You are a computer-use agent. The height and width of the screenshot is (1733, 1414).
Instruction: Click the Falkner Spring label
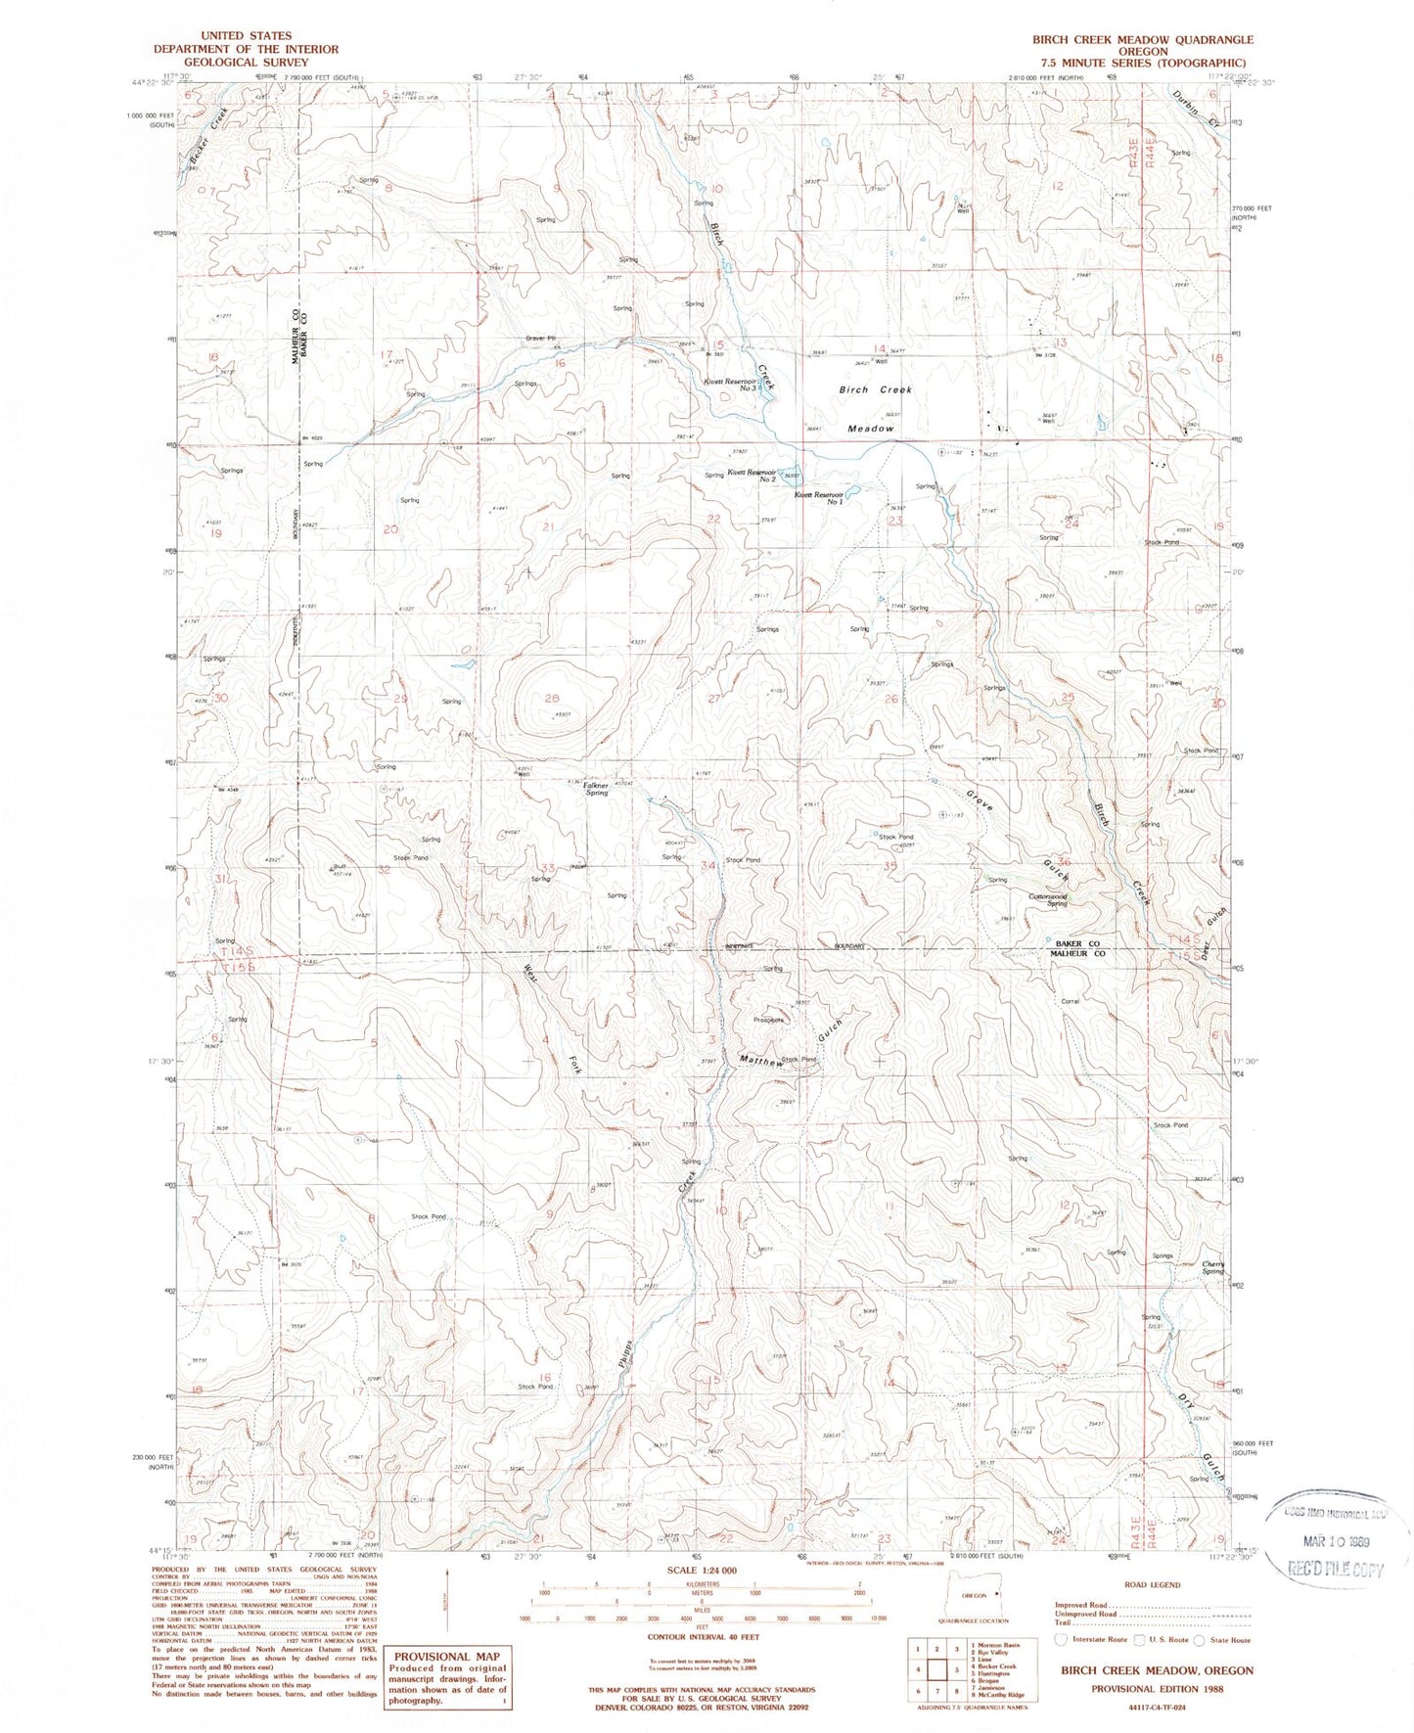596,788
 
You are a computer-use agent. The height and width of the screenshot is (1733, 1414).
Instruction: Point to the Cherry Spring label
1213,1267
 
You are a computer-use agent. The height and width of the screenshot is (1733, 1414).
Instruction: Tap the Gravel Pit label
540,339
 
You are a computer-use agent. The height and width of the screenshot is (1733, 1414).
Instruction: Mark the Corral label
1070,1001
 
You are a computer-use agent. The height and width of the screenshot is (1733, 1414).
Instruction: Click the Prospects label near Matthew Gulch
768,1020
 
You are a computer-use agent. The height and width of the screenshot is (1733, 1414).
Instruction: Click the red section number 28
552,698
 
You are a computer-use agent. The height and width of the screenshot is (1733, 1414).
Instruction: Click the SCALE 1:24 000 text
704,1570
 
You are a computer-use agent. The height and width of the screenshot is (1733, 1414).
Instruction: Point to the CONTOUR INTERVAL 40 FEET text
704,1635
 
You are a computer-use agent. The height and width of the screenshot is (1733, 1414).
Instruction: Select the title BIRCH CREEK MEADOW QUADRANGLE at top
1142,39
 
